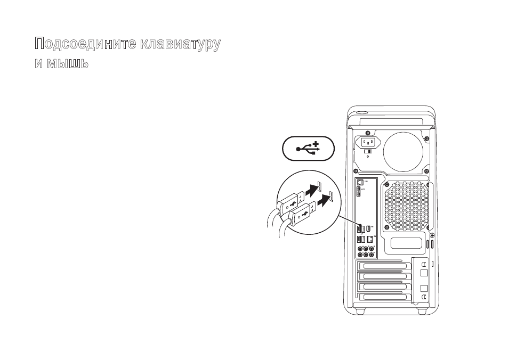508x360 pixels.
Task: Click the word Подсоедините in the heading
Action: pos(86,43)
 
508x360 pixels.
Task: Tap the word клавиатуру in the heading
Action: pos(181,44)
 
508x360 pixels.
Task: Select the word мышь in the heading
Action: pos(67,63)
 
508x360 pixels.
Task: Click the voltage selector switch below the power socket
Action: pos(368,152)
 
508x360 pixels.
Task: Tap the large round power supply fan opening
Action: pos(404,151)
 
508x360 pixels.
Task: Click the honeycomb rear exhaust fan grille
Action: pos(405,206)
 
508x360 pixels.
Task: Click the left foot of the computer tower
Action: pos(359,311)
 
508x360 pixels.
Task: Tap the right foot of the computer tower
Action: pos(422,311)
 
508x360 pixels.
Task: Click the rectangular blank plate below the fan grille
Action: pos(406,243)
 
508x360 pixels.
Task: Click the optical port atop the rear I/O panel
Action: pos(359,183)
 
